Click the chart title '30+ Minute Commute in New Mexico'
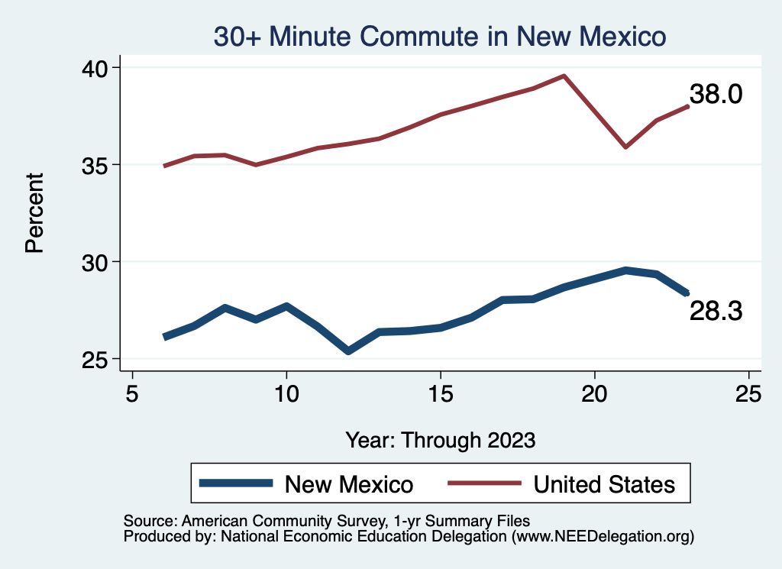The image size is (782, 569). tap(440, 36)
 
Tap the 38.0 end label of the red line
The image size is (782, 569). tap(716, 94)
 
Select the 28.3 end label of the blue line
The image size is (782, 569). tap(716, 311)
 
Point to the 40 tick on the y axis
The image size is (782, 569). tap(99, 68)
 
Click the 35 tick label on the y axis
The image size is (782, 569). tap(99, 165)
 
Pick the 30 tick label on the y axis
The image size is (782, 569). tap(99, 262)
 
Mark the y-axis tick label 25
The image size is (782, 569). tap(99, 359)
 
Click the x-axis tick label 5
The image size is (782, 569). tap(133, 394)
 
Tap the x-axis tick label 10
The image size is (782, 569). tap(286, 394)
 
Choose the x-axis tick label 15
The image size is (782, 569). tap(441, 394)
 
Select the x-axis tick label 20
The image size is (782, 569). tap(595, 394)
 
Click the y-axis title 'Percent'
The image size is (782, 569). tap(34, 213)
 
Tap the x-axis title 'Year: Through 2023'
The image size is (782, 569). tap(441, 440)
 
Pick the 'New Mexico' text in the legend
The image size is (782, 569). tap(349, 484)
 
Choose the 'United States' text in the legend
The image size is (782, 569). tap(604, 484)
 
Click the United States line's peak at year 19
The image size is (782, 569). tap(564, 76)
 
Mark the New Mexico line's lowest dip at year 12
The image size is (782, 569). tap(348, 351)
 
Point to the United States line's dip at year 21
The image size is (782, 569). tap(625, 147)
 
